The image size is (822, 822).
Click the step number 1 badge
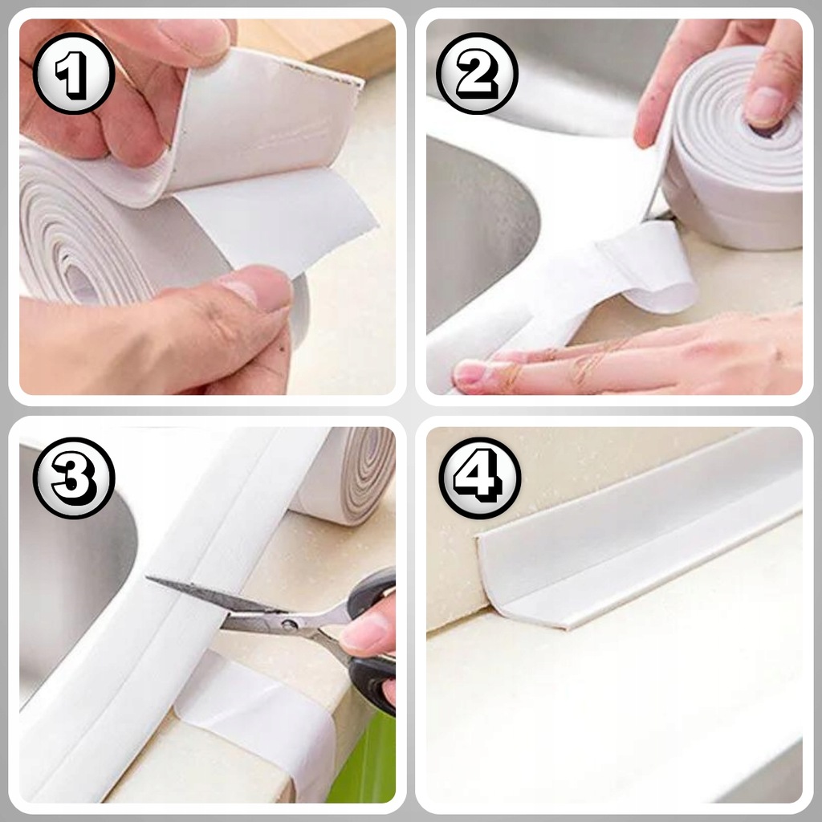(x=74, y=73)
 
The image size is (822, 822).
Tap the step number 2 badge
(x=477, y=73)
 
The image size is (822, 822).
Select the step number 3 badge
(x=74, y=478)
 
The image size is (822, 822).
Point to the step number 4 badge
(x=480, y=478)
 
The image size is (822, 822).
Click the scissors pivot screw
(x=288, y=624)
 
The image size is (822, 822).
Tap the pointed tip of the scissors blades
(x=149, y=579)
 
